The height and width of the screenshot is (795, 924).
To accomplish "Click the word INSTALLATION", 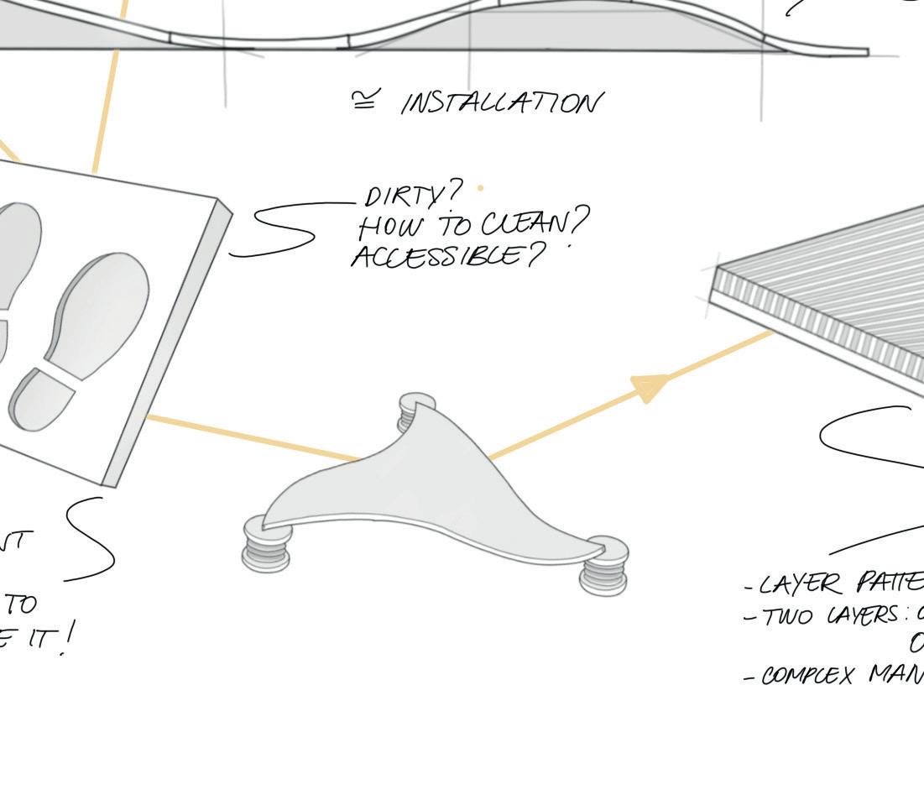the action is [502, 103].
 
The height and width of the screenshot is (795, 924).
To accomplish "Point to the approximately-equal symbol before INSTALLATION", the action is [364, 102].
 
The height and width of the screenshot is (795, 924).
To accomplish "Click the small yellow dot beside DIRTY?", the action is [480, 189].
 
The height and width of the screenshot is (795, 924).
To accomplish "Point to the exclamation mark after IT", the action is [67, 638].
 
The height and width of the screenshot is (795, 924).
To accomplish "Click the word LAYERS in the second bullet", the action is [864, 616].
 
